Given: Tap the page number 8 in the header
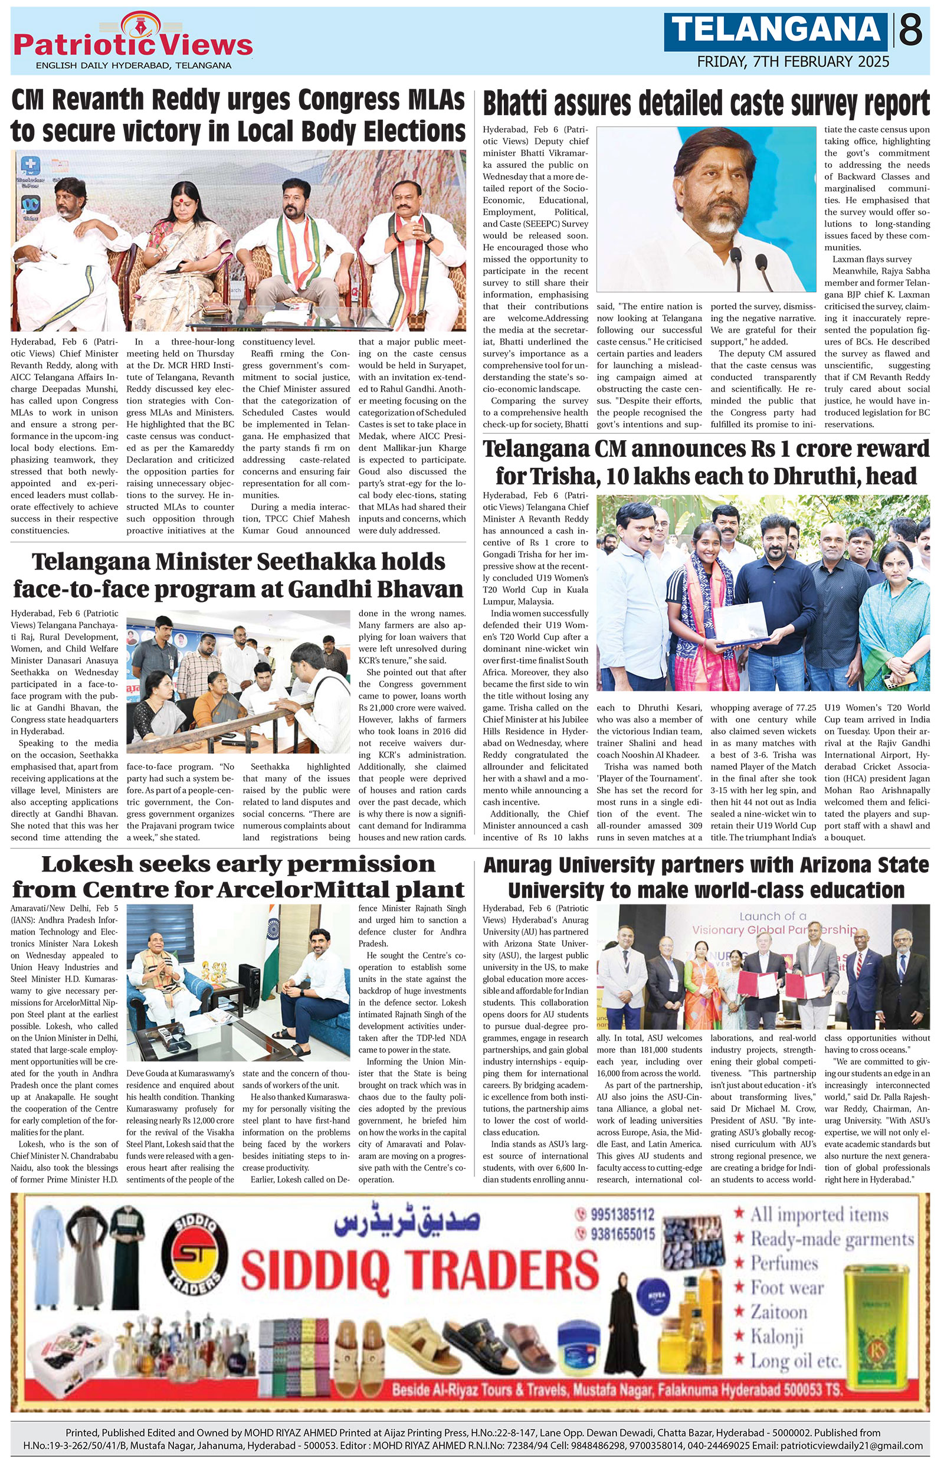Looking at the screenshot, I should point(911,30).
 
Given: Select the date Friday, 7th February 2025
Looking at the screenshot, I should point(794,62).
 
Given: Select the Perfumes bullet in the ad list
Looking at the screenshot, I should point(784,1264).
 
